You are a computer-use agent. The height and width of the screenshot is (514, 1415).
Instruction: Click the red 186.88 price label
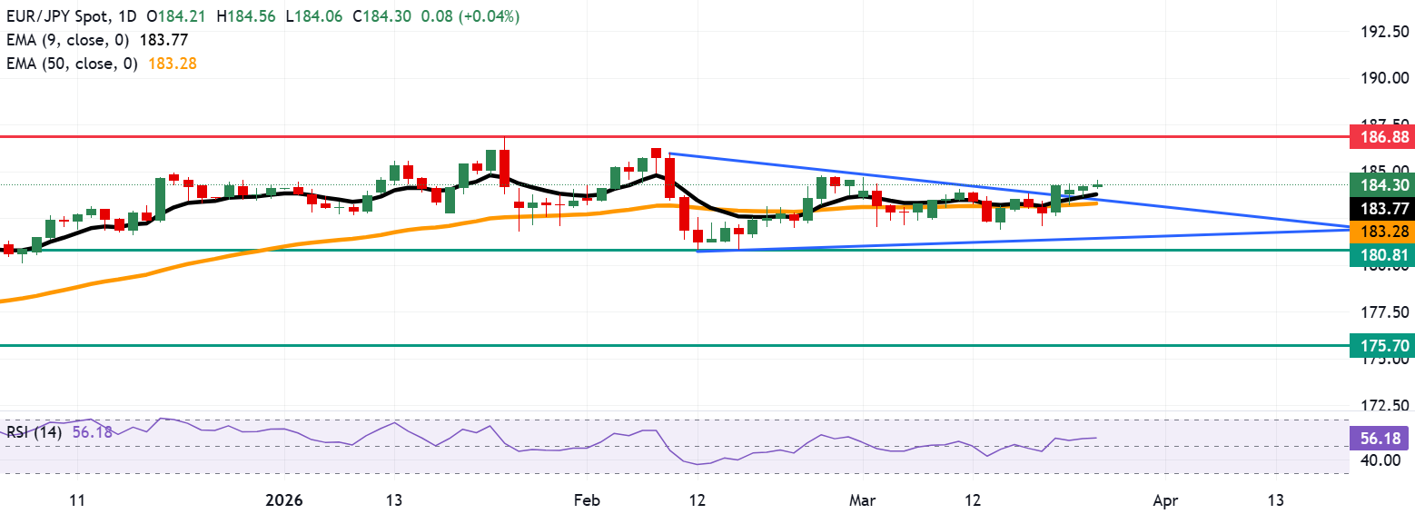1380,138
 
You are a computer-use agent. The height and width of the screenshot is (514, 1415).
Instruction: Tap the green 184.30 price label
1380,184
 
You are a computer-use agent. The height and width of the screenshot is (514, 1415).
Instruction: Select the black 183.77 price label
1380,208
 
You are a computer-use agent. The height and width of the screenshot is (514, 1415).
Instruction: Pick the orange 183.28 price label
1380,232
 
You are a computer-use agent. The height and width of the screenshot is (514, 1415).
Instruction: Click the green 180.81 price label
1380,255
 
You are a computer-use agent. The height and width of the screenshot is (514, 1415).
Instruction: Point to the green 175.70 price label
1380,346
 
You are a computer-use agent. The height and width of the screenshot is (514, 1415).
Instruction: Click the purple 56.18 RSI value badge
1380,438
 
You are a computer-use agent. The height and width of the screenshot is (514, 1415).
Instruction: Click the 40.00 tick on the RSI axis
1383,460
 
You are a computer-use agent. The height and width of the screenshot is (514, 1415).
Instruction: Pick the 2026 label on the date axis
283,500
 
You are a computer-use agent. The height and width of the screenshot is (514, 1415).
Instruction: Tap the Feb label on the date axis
588,500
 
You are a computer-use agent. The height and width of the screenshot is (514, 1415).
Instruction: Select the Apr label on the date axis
1164,500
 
